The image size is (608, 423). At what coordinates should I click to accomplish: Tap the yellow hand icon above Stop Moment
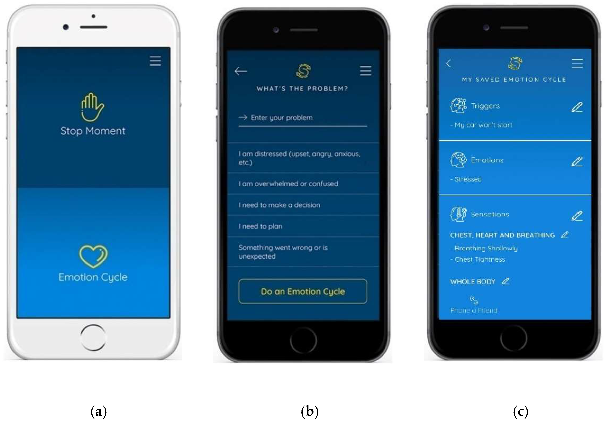coord(92,107)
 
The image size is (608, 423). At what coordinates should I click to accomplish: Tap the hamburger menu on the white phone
coord(155,61)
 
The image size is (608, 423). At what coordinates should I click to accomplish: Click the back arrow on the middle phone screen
coord(240,71)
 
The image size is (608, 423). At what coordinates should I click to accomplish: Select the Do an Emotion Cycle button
coord(303,291)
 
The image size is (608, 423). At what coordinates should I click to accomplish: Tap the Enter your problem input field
coord(303,118)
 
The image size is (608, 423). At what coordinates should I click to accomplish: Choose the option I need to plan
coord(261,226)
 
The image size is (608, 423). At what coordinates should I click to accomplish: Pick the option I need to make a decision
coord(279,205)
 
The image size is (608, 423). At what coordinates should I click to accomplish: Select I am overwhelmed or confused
coord(288,184)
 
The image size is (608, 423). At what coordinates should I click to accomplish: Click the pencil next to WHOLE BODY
coord(505,281)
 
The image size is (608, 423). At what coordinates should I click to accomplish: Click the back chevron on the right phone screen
coord(448,63)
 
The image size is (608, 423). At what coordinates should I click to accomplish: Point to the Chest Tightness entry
coord(480,259)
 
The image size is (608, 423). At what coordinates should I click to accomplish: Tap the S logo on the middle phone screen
coord(303,71)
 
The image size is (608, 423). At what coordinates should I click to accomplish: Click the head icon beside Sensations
coord(458,214)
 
